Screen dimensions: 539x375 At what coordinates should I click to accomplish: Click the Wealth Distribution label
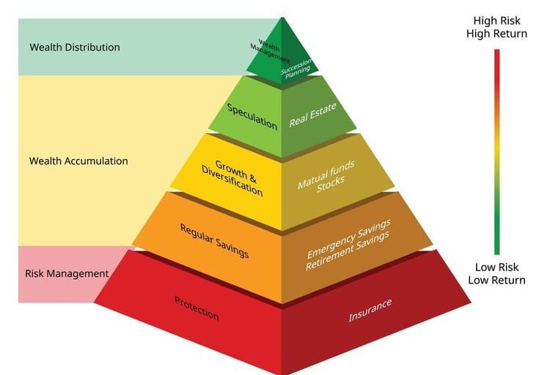coord(75,48)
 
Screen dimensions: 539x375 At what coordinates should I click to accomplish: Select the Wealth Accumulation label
coord(78,161)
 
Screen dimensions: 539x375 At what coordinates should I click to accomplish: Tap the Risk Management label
coord(67,274)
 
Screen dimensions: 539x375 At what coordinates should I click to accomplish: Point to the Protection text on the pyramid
coord(197,308)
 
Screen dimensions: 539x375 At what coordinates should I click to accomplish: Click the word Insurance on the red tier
coord(370,311)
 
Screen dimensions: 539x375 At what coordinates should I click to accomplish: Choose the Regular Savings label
coord(214,241)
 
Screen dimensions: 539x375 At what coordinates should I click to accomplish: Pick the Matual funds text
coord(326,174)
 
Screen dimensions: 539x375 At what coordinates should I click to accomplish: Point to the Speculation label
coord(252,116)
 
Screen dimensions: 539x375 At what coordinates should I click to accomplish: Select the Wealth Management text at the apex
coord(269,53)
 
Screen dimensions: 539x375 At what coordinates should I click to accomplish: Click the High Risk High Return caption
coord(496,27)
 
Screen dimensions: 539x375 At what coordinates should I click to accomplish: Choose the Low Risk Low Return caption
coord(496,274)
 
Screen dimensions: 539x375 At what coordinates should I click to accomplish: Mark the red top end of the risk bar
coord(496,53)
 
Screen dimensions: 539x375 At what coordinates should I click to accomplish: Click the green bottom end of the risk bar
coord(496,251)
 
